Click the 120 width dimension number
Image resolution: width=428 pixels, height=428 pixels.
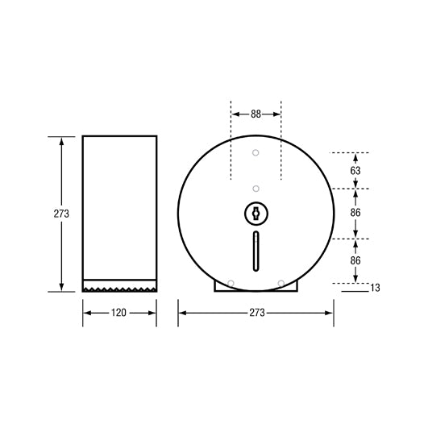119,312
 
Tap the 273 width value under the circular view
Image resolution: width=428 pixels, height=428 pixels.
256,312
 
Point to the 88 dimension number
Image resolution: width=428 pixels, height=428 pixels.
256,114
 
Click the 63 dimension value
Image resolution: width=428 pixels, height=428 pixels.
355,170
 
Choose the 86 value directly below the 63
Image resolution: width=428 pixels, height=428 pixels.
355,213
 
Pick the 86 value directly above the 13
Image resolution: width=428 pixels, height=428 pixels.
355,261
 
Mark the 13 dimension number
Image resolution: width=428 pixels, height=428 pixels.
375,287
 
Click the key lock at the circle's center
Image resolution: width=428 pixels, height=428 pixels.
256,214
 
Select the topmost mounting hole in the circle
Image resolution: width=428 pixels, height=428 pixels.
256,153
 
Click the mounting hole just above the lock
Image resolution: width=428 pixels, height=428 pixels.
256,189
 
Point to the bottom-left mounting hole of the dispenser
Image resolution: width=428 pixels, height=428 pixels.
231,283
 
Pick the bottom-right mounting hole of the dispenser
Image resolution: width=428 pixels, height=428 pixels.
280,283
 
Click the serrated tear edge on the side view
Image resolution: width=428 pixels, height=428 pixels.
119,287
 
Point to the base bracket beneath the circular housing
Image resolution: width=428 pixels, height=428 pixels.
256,287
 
